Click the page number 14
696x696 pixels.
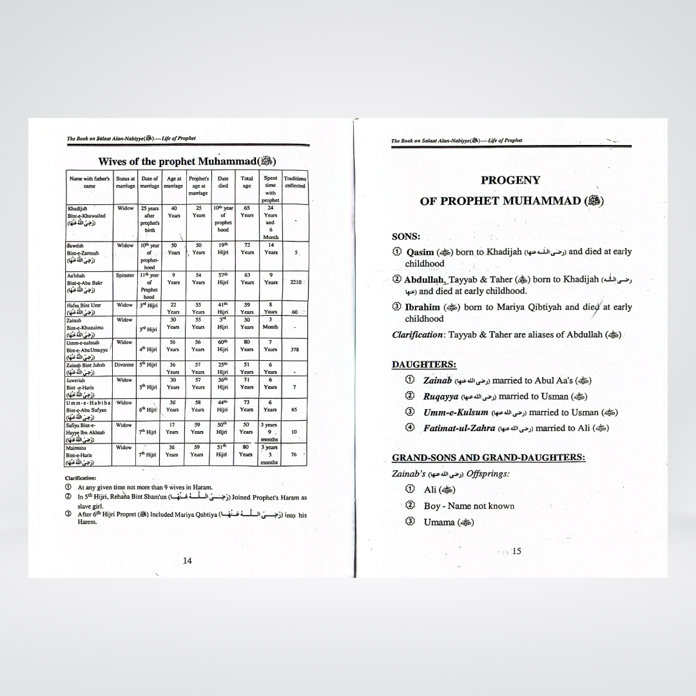point(187,561)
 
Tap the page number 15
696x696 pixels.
point(516,551)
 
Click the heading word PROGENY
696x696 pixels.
point(510,180)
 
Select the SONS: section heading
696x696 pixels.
point(406,237)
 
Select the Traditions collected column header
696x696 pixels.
point(295,182)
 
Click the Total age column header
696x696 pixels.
point(247,182)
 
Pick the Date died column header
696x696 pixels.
point(223,182)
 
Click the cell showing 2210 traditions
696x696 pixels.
point(295,282)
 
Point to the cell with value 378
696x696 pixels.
point(295,349)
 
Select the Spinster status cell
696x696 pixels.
point(125,275)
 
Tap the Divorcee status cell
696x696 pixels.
point(125,365)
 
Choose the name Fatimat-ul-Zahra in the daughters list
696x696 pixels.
point(459,428)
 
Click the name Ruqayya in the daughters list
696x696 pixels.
point(440,396)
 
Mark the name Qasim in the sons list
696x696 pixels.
point(420,252)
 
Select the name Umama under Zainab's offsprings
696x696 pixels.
point(439,522)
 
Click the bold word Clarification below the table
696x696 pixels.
point(81,478)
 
